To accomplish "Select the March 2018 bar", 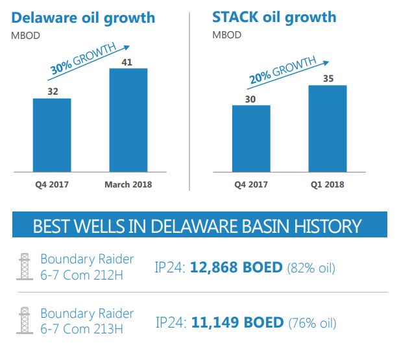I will coord(128,120).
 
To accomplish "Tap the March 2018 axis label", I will coord(128,184).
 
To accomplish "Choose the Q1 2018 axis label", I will coord(327,184).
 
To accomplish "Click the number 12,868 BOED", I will coord(237,267).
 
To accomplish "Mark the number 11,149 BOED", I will coord(237,322).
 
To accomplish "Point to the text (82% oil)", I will coord(311,267).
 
